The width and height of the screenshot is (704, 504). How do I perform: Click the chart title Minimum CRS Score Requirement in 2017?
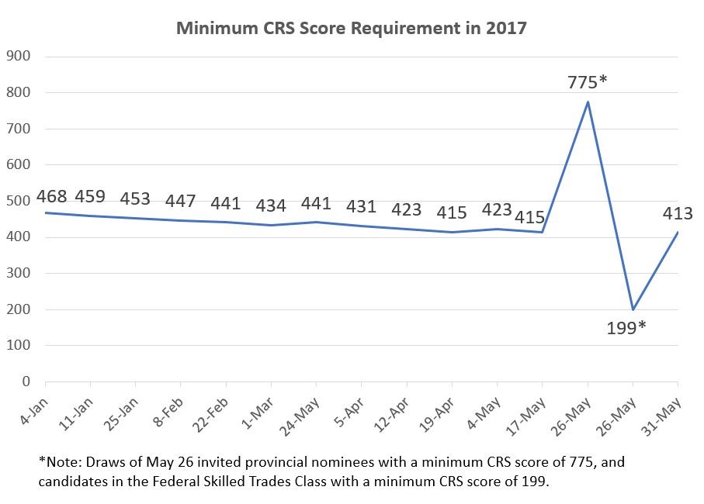352,29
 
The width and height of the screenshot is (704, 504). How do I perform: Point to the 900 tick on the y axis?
18,57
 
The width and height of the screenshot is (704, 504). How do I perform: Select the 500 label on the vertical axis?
18,201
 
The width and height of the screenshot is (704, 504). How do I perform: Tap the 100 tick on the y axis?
18,345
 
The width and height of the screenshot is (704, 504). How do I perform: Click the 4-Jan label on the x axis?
32,408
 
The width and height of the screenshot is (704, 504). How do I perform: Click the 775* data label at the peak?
587,81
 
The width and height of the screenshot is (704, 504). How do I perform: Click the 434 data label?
271,205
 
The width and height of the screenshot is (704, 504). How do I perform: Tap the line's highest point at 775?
588,102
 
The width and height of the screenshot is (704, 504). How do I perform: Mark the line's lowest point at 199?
633,309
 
